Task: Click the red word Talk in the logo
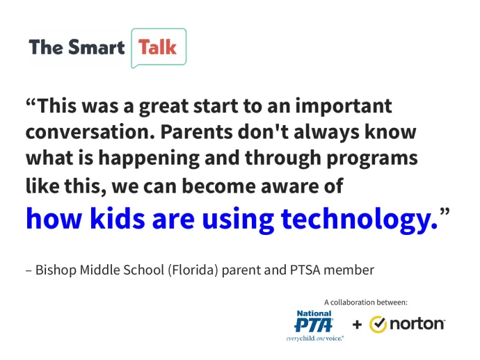coord(157,47)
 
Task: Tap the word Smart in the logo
coord(97,47)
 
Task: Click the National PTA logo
coord(314,325)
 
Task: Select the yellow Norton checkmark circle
coord(378,325)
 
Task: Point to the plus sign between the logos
coord(357,325)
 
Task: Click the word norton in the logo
coord(417,324)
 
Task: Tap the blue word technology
coord(360,219)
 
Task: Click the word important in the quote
coord(344,106)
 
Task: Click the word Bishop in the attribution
coord(56,270)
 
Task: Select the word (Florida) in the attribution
coord(193,270)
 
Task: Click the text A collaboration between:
coord(366,302)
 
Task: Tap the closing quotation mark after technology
coord(445,212)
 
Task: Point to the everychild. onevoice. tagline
coord(314,338)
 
